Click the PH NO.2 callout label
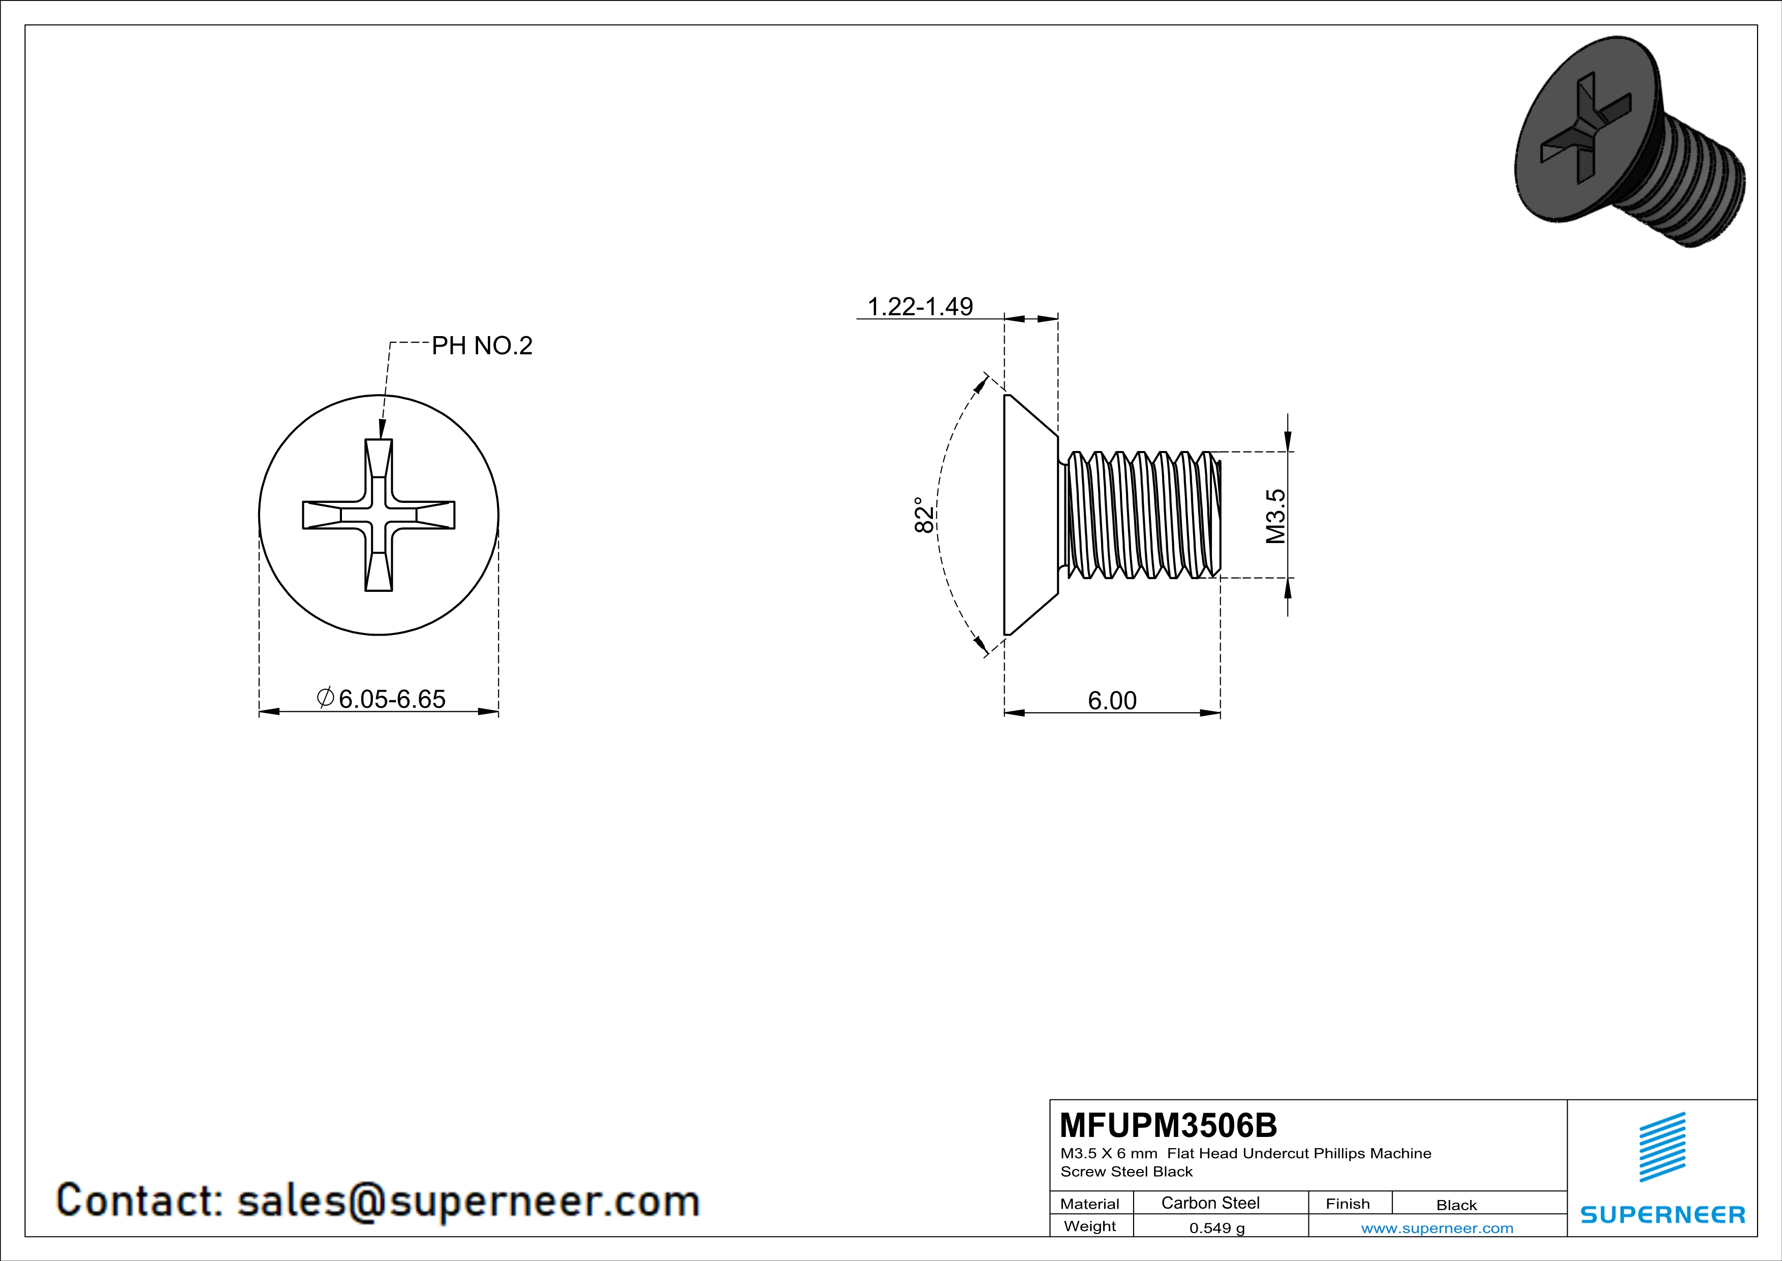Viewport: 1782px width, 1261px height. (x=482, y=346)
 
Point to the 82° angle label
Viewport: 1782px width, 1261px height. (x=924, y=515)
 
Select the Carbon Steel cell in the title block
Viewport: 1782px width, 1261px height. (x=1210, y=1203)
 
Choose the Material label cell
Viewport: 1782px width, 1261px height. (x=1090, y=1204)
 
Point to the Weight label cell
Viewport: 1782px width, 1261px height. (x=1090, y=1226)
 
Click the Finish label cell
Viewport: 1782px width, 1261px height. (x=1348, y=1204)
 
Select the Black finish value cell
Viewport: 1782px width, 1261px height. (x=1456, y=1205)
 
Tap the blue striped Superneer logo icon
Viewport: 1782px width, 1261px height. (x=1662, y=1147)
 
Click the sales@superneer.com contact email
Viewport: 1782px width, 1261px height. (x=468, y=1200)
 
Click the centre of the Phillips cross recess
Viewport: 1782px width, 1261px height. (x=379, y=515)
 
